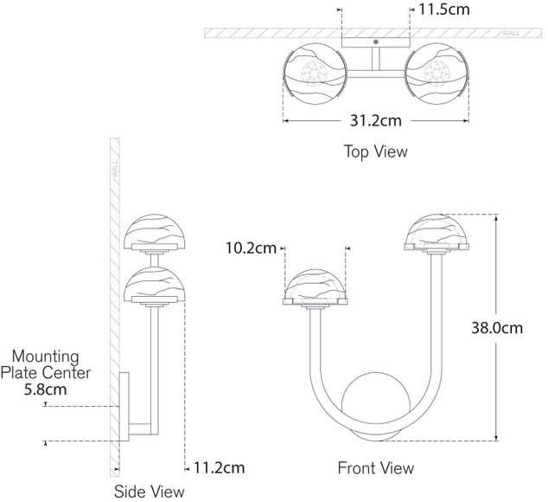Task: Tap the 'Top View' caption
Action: pos(376,151)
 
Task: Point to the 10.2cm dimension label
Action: pos(251,249)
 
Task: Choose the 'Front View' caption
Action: pos(375,468)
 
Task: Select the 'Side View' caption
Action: pos(150,492)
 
